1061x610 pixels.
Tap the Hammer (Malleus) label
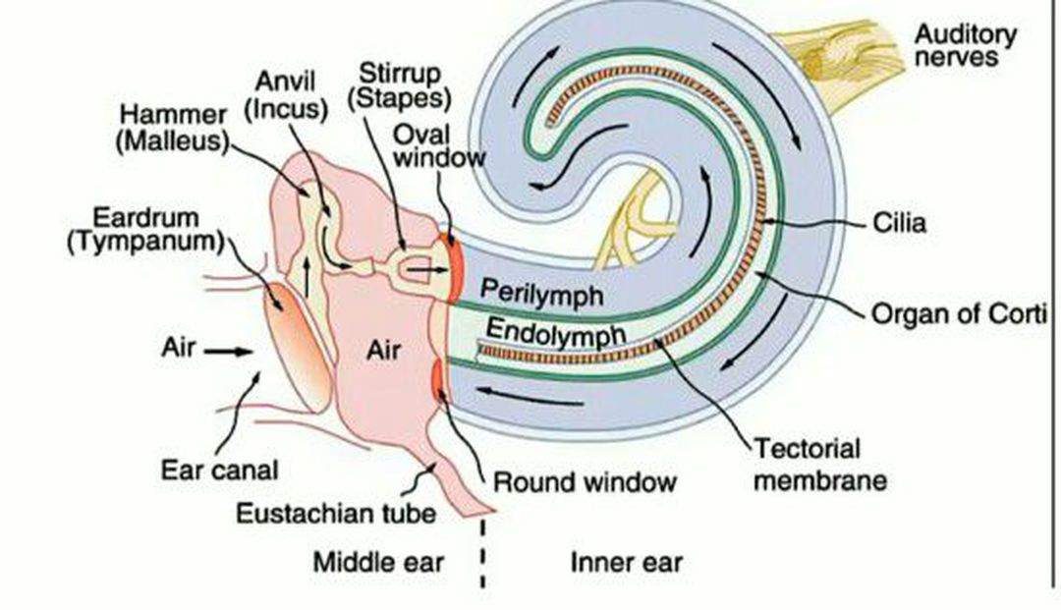pos(171,128)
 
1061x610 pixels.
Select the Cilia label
pos(899,224)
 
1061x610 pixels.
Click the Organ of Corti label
pos(961,315)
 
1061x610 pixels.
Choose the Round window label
pos(585,482)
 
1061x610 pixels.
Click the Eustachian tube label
pos(336,513)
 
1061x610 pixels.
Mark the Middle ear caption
pos(378,563)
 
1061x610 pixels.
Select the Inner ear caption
pos(626,563)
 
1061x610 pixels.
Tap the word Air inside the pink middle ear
pos(383,349)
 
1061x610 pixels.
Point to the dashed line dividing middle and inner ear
pos(482,555)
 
